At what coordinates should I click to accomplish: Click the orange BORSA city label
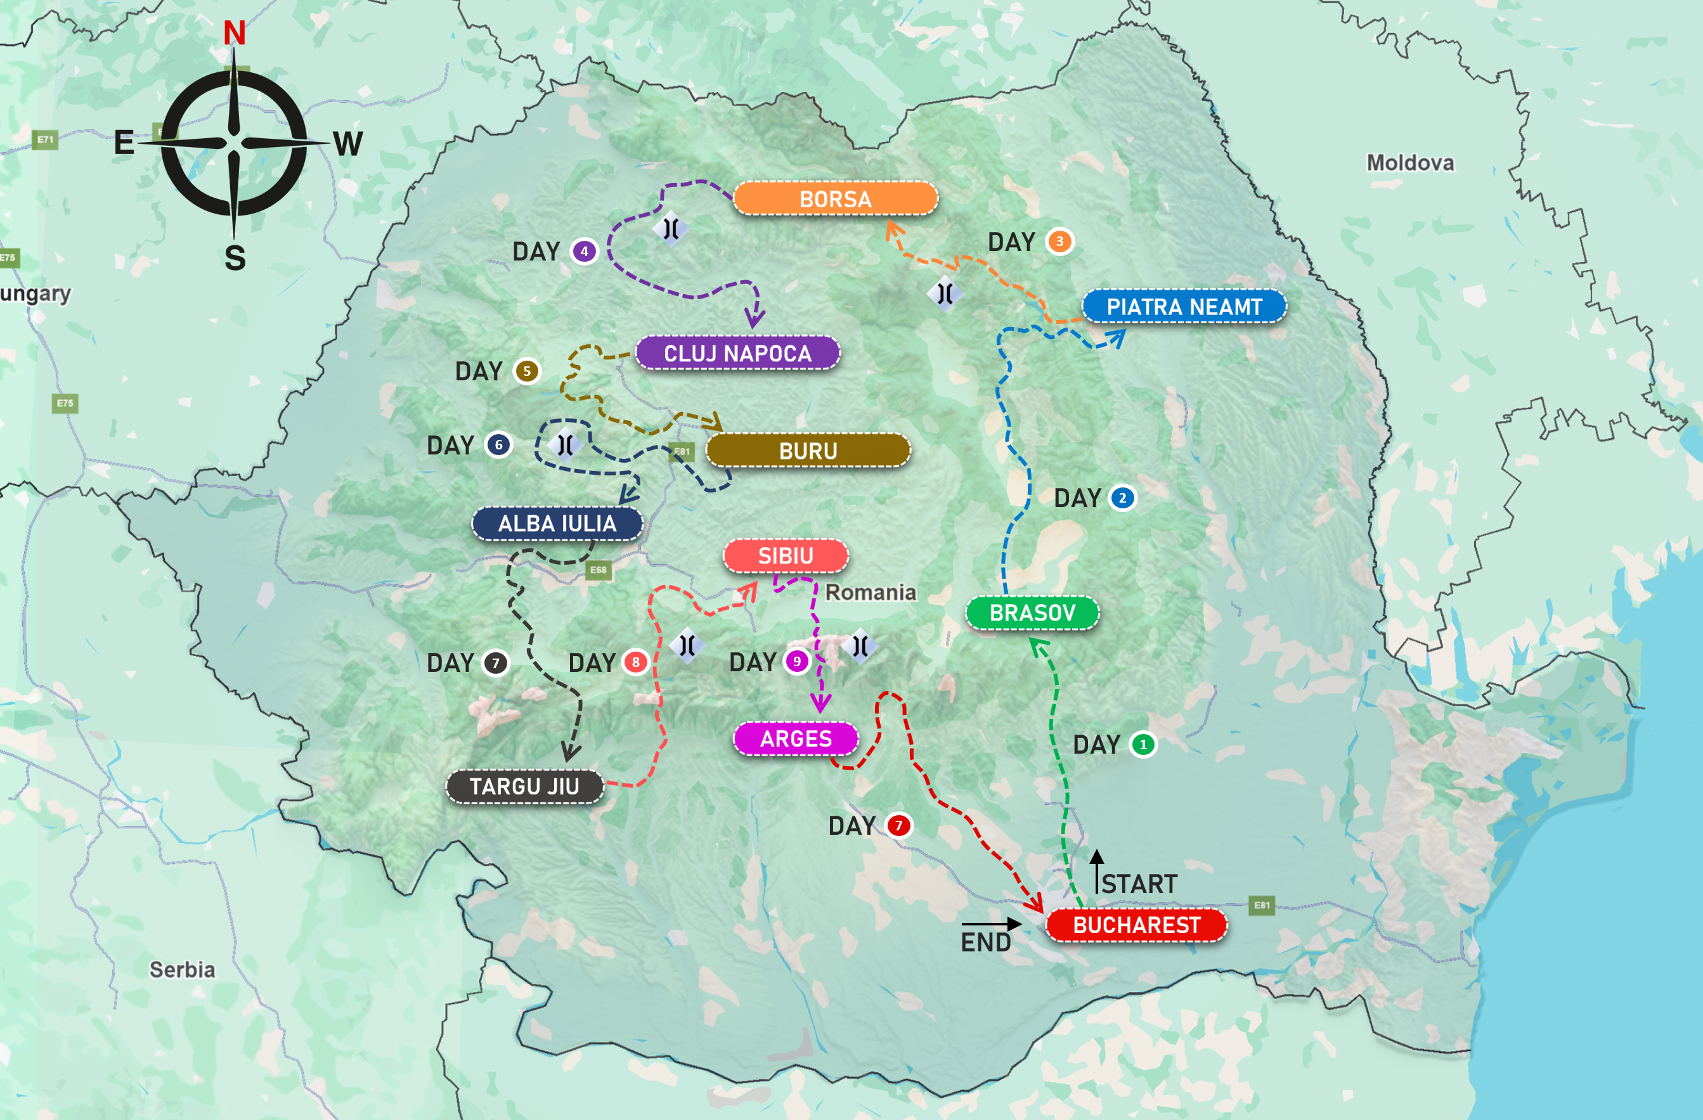click(835, 199)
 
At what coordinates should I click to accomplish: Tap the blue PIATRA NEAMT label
click(1184, 307)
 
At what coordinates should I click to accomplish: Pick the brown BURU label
click(808, 451)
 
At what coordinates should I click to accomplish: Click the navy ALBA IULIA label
click(557, 524)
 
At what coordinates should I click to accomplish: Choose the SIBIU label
click(785, 556)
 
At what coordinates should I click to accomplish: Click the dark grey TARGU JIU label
click(524, 787)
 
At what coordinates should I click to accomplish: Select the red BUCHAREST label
click(1136, 925)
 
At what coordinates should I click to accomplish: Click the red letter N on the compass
click(234, 33)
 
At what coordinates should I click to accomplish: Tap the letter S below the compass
click(235, 258)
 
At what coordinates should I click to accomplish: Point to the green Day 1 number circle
click(1143, 745)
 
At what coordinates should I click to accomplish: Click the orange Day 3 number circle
click(1059, 241)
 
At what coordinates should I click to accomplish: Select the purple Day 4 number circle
click(584, 251)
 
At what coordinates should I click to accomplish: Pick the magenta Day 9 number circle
click(796, 662)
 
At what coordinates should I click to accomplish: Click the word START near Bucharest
click(1139, 884)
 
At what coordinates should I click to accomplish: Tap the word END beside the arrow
click(985, 943)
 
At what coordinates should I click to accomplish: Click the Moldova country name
click(1409, 163)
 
